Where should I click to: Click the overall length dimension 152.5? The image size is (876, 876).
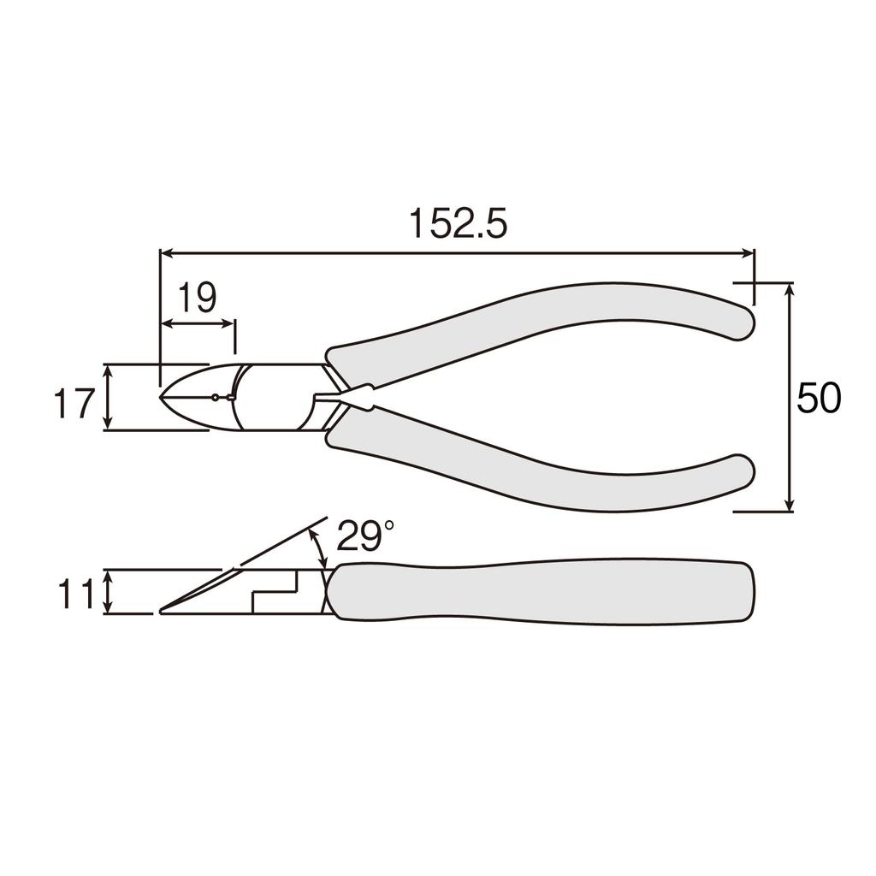458,224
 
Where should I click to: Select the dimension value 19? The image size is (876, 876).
197,299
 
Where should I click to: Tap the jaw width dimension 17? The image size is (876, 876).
74,403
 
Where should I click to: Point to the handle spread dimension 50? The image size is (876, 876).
819,399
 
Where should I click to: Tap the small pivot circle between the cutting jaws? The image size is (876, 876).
214,397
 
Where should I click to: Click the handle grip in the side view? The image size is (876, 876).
539,592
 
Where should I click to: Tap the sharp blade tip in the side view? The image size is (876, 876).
162,612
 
